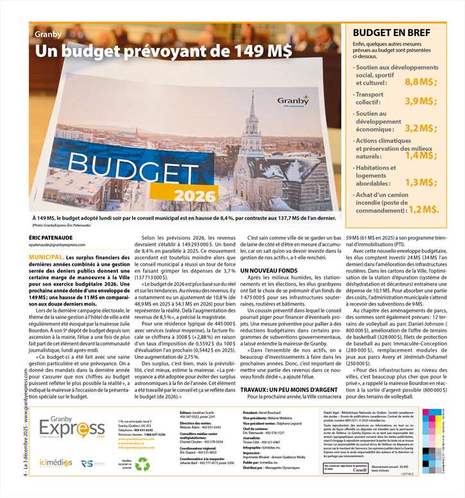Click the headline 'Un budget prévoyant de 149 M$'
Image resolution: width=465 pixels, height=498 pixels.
tap(164, 50)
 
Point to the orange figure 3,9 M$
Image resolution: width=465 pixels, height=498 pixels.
tap(421, 101)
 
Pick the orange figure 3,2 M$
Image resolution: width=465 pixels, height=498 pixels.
tap(421, 128)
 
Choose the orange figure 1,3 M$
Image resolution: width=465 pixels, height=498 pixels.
tap(421, 182)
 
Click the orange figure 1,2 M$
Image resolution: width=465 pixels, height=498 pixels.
tap(424, 209)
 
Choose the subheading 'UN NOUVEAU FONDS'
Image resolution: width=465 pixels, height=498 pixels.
tap(269, 272)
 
